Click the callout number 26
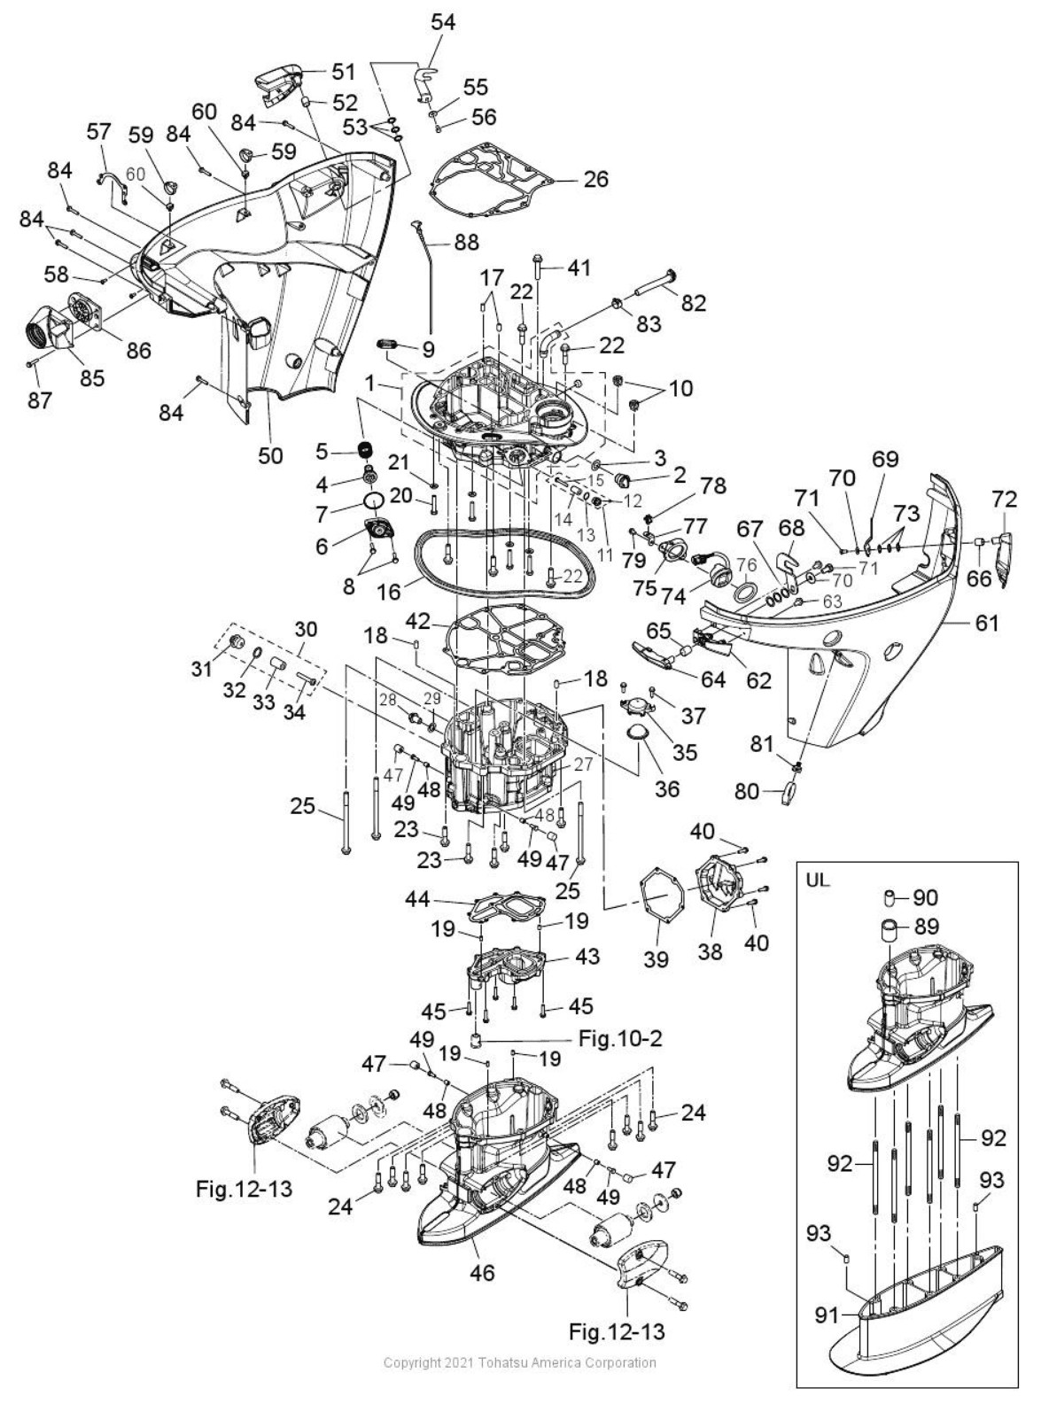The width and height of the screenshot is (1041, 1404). pyautogui.click(x=596, y=179)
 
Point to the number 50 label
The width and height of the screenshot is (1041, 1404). pyautogui.click(x=271, y=456)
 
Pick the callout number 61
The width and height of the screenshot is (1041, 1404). pyautogui.click(x=987, y=624)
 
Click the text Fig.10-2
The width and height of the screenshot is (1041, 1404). pyautogui.click(x=620, y=1038)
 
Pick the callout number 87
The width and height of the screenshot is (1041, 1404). pyautogui.click(x=39, y=400)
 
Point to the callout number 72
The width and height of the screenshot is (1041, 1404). pyautogui.click(x=1005, y=500)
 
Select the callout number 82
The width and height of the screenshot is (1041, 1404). pyautogui.click(x=693, y=303)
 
